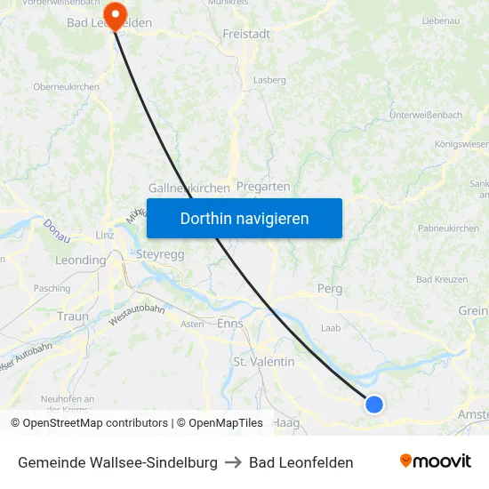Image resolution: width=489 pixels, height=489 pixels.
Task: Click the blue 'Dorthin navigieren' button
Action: tap(244, 218)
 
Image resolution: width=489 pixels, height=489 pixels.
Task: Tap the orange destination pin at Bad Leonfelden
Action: tap(113, 15)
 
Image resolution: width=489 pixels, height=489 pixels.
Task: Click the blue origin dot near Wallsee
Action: tap(374, 404)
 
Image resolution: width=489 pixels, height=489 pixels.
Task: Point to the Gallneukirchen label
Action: tap(190, 188)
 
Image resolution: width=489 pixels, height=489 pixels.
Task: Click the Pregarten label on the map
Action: tap(263, 187)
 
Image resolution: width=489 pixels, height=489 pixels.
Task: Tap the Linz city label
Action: tap(104, 235)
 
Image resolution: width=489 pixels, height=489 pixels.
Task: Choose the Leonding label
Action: tap(80, 261)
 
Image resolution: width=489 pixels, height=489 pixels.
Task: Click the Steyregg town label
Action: tap(160, 254)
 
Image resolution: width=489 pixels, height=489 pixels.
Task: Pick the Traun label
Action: tap(72, 316)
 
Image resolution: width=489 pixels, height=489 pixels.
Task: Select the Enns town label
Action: tap(230, 324)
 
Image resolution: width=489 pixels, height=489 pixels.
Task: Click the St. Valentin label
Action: tap(263, 362)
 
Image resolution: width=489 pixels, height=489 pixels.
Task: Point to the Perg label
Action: tap(330, 289)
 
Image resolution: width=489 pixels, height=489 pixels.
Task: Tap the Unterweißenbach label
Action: tap(426, 116)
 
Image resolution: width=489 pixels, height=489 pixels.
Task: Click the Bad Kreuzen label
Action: tap(442, 279)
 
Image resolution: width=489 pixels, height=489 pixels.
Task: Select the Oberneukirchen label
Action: tap(66, 86)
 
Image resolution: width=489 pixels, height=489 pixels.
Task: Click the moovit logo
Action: tap(435, 461)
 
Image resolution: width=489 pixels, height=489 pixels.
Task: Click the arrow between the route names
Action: tap(233, 462)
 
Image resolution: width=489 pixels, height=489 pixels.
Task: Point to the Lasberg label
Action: tap(270, 80)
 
